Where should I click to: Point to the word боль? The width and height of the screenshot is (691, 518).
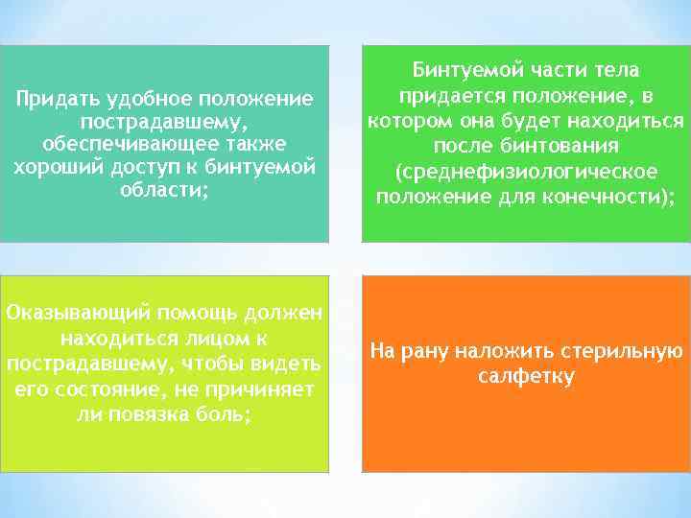(x=228, y=414)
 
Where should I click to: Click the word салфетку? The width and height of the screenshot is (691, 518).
(x=526, y=376)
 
